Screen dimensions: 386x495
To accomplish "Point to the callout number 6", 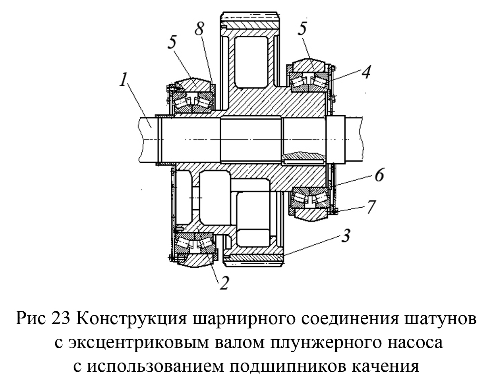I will coord(378,176).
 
